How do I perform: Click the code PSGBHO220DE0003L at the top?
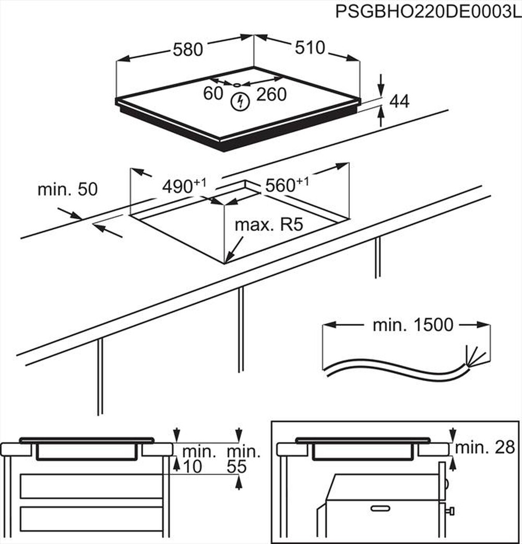pos(427,11)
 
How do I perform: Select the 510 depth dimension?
pos(310,48)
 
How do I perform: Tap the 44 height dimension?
pos(399,102)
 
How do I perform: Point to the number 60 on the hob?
pos(213,94)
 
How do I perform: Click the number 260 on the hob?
pos(271,94)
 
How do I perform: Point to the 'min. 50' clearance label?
pos(67,190)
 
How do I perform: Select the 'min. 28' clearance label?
pos(484,447)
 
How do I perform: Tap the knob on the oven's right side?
pos(449,510)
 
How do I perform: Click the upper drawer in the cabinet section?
pos(91,486)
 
